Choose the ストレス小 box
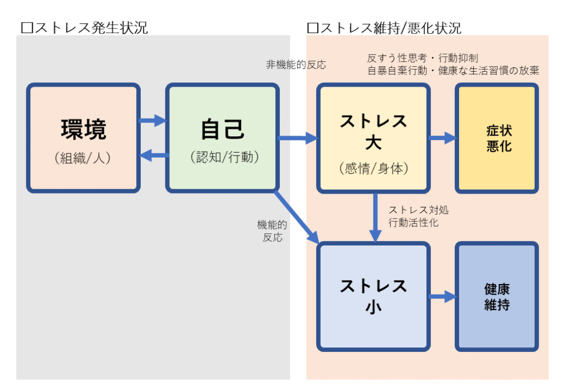374,296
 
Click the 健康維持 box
497,297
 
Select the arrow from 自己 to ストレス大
298,138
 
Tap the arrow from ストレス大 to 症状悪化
443,138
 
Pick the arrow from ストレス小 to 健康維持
443,297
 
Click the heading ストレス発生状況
84,28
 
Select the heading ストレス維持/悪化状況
384,28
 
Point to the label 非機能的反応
296,65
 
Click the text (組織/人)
83,158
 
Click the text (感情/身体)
374,169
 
